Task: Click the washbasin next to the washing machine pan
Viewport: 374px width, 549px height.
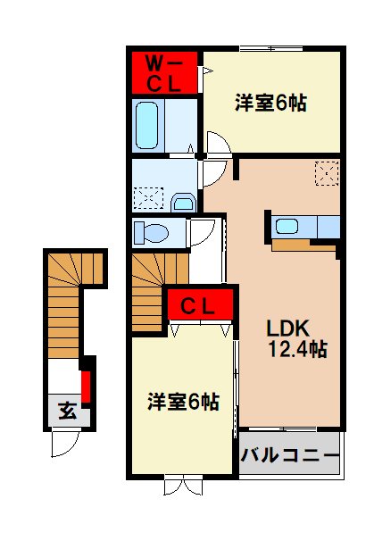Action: [x=184, y=203]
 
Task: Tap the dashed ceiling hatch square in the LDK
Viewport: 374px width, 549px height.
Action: [x=326, y=171]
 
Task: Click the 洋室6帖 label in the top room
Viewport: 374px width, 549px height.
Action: [x=270, y=104]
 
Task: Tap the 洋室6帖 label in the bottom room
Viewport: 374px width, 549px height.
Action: [x=183, y=402]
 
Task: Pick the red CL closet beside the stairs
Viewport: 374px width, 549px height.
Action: [x=201, y=306]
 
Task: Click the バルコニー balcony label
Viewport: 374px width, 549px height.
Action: [x=290, y=459]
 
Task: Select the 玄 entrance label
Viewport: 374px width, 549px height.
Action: [x=67, y=411]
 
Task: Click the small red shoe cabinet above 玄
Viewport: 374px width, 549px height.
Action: [x=86, y=386]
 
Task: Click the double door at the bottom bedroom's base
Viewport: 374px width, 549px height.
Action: [x=183, y=487]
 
